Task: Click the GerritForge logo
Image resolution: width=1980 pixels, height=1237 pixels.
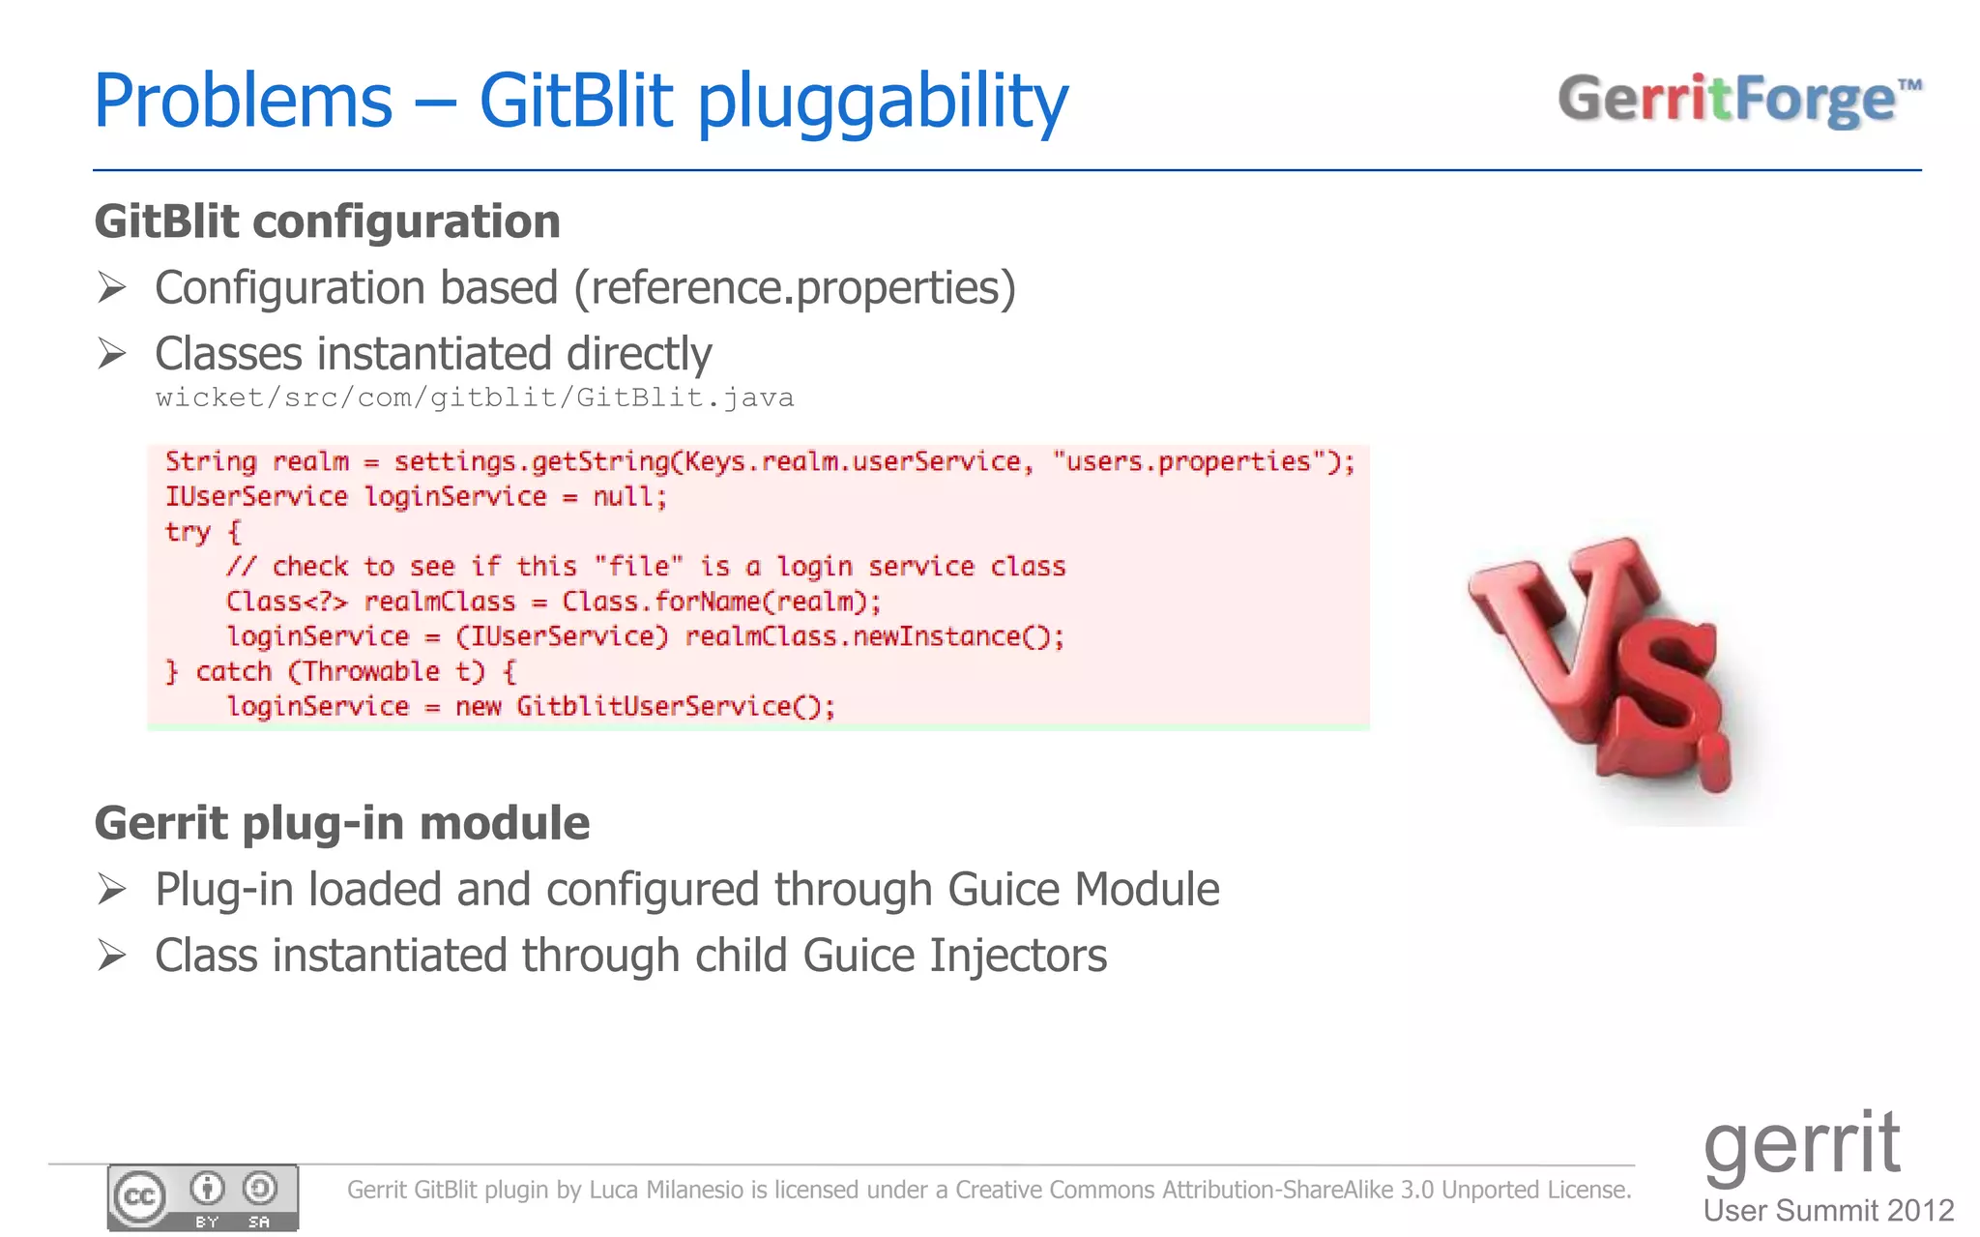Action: click(x=1738, y=100)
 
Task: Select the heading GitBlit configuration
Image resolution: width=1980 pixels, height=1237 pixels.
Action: click(x=327, y=221)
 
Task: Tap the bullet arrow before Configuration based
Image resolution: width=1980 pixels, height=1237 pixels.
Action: click(x=112, y=287)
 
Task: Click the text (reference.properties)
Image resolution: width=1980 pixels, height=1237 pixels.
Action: click(x=795, y=288)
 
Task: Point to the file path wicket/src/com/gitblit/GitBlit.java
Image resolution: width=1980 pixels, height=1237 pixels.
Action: click(x=474, y=398)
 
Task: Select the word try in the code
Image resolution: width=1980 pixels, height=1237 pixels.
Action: click(x=188, y=532)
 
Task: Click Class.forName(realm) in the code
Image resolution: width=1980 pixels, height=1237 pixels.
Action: click(x=719, y=602)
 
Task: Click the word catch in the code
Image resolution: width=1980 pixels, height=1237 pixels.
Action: click(x=233, y=671)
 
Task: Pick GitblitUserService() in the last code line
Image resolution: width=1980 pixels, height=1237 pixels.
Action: click(x=674, y=706)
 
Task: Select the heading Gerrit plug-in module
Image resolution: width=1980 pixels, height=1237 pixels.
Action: click(x=341, y=824)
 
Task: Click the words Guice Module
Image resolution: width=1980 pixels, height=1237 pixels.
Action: click(x=1083, y=890)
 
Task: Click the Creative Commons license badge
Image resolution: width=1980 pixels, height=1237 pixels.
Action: click(x=203, y=1197)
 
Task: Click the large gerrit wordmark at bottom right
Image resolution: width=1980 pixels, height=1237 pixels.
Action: click(x=1801, y=1144)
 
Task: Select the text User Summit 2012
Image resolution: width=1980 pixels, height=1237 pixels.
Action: click(x=1828, y=1210)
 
